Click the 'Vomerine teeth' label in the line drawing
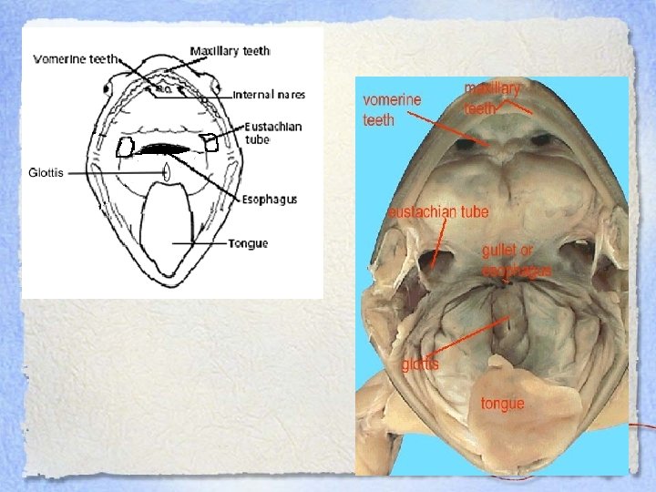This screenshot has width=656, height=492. (75, 59)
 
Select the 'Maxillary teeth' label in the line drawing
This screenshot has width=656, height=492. (231, 51)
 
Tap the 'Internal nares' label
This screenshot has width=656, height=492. (269, 94)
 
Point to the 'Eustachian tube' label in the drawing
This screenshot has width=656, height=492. (272, 133)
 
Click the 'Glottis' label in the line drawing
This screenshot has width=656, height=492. (46, 171)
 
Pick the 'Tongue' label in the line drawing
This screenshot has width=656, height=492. (247, 243)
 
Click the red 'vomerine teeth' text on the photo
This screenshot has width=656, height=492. (392, 108)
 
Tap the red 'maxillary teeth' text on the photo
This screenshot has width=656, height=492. (492, 98)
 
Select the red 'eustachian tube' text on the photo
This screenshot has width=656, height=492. (439, 212)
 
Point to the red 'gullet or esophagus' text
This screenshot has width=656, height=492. (517, 260)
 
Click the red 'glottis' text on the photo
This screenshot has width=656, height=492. (420, 364)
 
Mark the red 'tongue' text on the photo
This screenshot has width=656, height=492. (503, 402)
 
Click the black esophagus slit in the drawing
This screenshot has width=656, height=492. (165, 149)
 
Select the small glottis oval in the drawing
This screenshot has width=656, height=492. (167, 171)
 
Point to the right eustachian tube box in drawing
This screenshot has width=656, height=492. (210, 142)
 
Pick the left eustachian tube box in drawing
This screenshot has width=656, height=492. (125, 148)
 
